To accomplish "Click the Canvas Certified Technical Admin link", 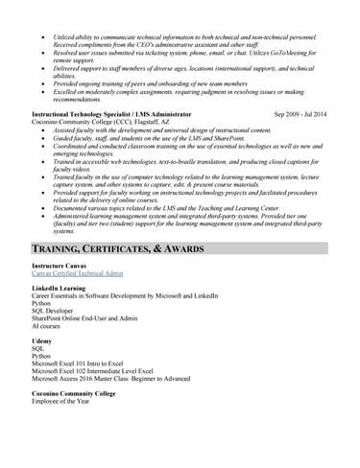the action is [77, 273].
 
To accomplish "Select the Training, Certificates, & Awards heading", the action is [117, 249].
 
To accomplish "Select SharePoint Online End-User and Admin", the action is [85, 318].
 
